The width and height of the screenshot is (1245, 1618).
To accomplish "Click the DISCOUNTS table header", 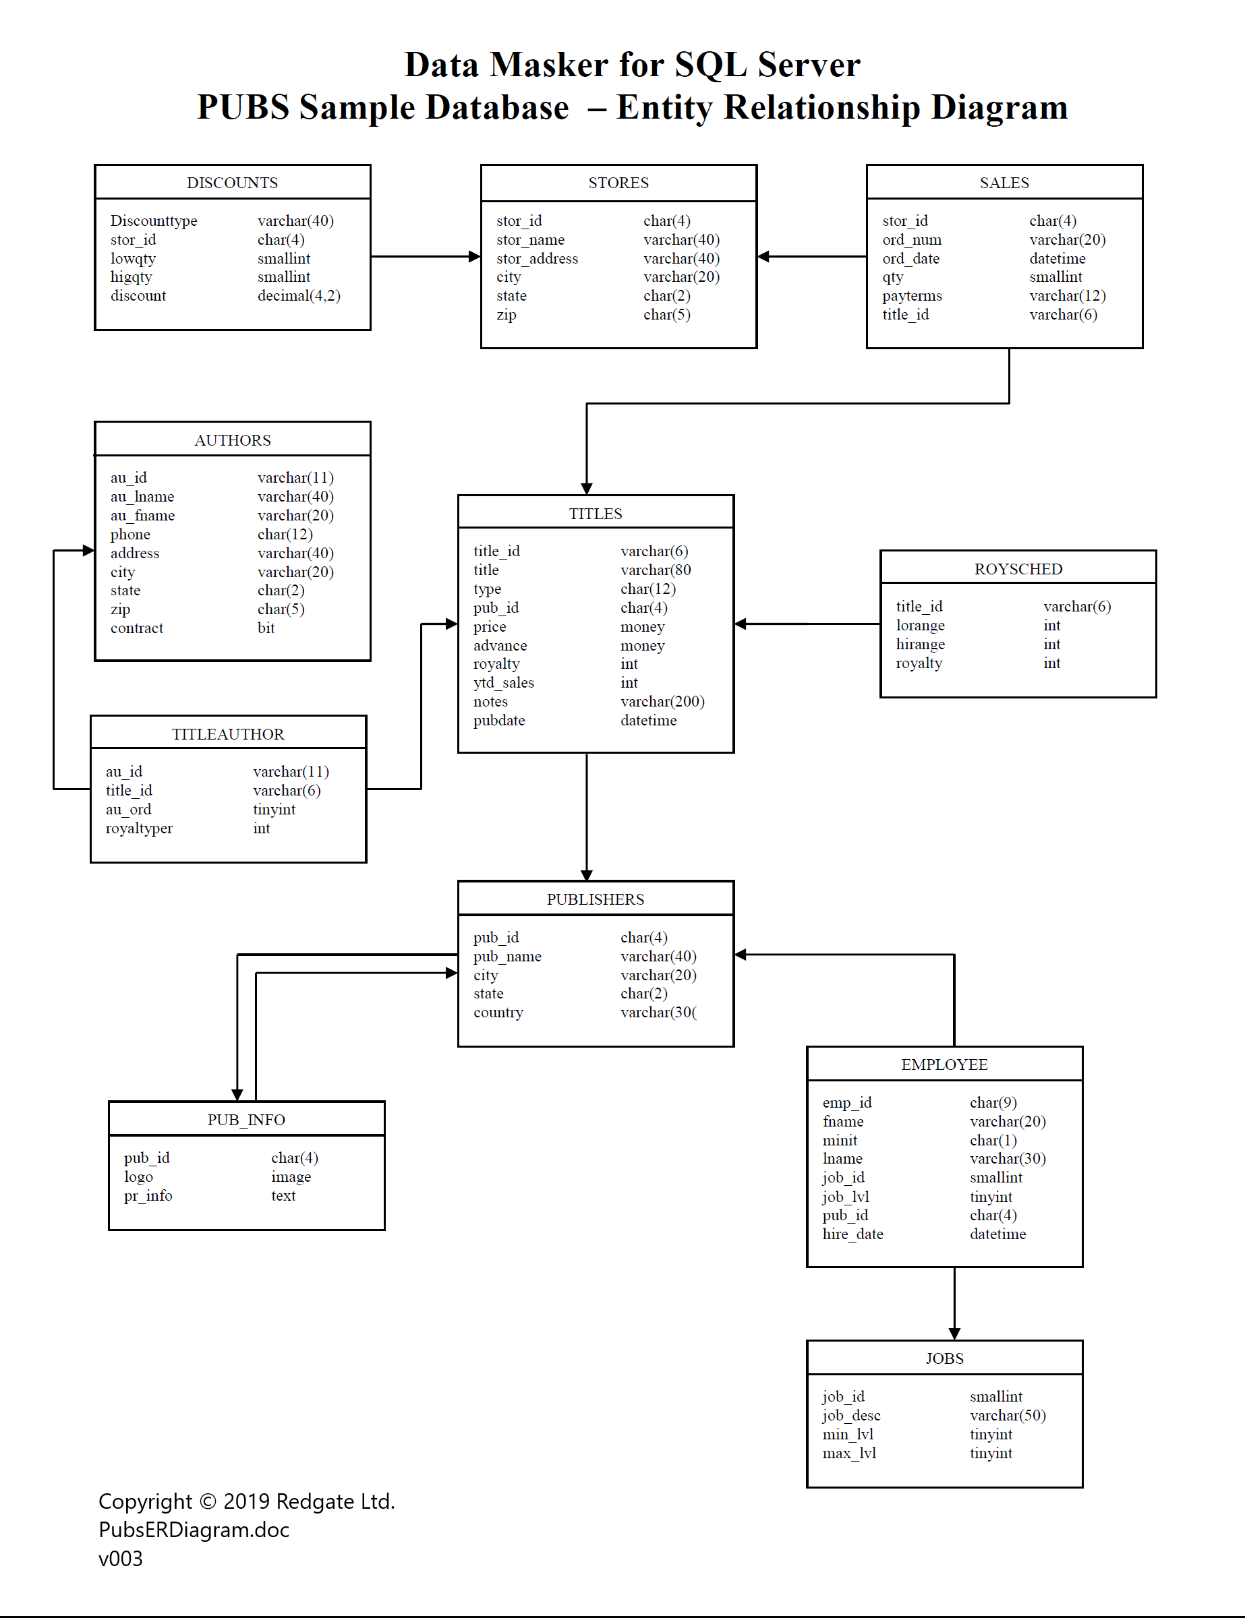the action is click(232, 183).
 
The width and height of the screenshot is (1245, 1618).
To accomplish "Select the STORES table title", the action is click(618, 183).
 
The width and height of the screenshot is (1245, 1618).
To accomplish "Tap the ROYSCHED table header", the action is click(1018, 569).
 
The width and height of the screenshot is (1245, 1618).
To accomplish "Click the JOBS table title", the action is click(944, 1358).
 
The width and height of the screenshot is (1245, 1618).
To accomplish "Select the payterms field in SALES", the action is click(913, 295).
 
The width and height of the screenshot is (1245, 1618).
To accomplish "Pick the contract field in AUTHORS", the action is click(137, 628).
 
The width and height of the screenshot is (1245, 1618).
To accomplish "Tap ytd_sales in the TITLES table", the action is click(504, 683).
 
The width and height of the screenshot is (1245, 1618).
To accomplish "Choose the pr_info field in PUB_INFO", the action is click(148, 1196).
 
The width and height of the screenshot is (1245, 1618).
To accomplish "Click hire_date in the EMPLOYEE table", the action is click(853, 1234).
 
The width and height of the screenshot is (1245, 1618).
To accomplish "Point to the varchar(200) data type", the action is click(662, 702).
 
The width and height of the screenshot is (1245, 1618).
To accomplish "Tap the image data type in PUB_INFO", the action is click(291, 1177).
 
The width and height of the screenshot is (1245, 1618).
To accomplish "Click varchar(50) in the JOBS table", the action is click(1008, 1416).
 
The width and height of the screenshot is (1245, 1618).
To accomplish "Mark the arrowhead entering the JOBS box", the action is click(954, 1334).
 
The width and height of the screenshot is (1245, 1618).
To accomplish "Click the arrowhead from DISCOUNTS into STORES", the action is click(475, 256).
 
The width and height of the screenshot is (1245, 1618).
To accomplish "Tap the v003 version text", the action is click(121, 1559).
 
